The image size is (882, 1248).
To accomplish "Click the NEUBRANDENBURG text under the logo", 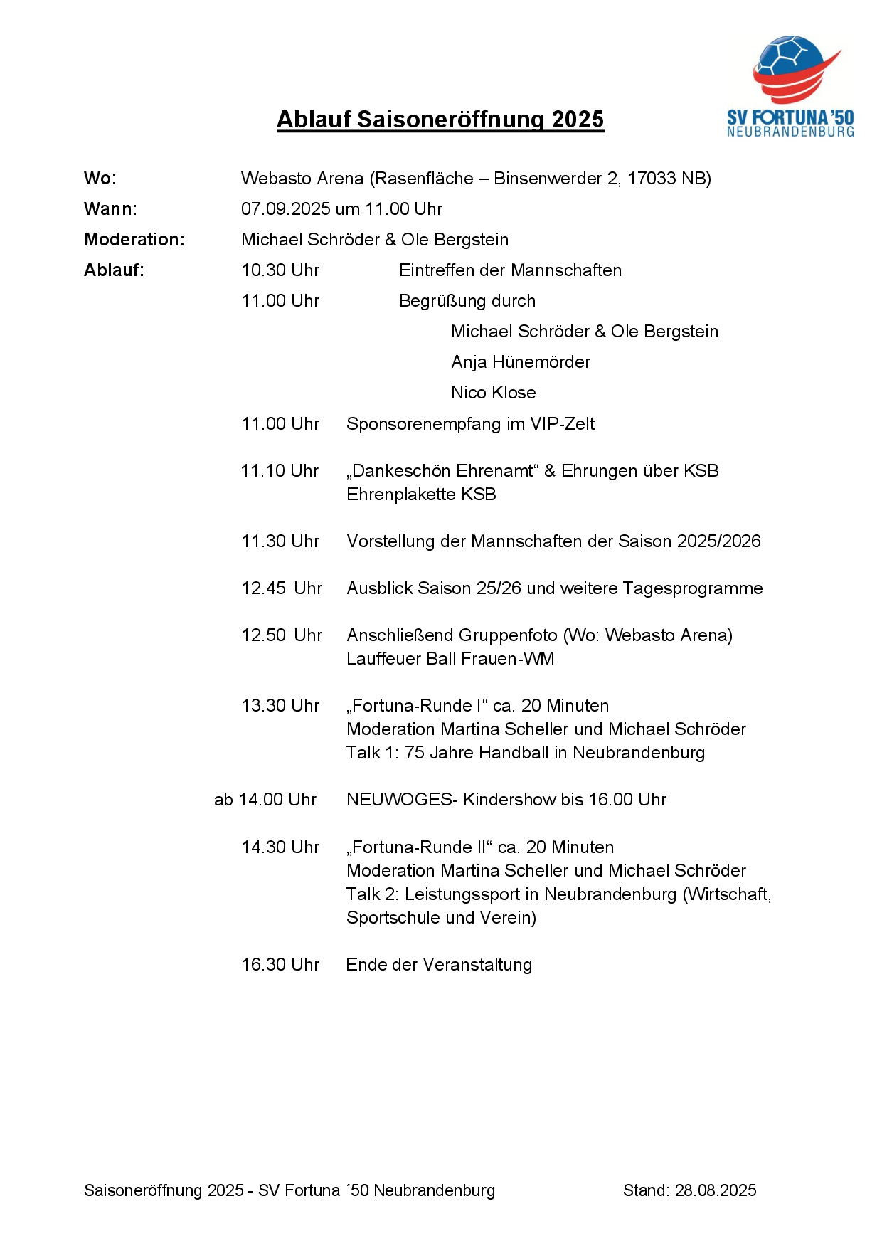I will click(790, 132).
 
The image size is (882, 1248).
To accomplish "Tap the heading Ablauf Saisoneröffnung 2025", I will click(440, 120).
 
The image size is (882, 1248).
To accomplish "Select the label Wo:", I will click(100, 179).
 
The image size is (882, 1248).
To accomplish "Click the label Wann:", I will click(110, 209).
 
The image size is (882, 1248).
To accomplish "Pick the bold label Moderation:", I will click(134, 240).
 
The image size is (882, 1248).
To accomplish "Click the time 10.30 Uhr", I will click(280, 270).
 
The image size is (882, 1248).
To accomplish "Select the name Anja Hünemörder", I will click(521, 362).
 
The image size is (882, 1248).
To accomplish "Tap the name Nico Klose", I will click(494, 393).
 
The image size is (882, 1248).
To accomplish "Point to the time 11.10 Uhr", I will click(280, 471).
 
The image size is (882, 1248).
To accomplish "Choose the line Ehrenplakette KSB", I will click(421, 495).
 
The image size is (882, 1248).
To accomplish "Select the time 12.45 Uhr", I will click(281, 588).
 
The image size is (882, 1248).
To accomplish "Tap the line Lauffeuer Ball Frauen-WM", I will click(450, 659).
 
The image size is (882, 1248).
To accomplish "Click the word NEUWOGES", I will click(399, 800).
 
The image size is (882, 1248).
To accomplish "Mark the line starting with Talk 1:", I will click(525, 753).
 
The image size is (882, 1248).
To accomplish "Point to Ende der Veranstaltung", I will click(439, 965).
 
